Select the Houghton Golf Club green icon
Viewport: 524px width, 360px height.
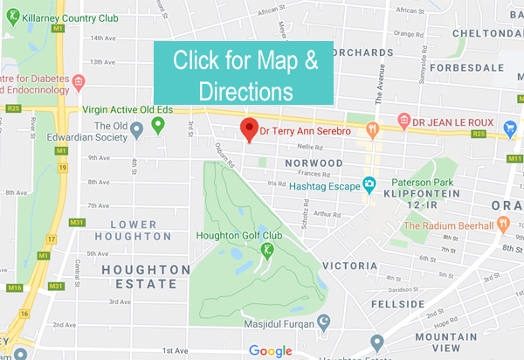click(x=267, y=251)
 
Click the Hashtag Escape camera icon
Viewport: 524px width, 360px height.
click(x=370, y=183)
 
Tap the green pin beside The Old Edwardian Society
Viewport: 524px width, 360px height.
click(x=158, y=127)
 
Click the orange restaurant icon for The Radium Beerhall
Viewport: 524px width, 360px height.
click(x=504, y=225)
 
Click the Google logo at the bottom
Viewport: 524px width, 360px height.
click(x=270, y=351)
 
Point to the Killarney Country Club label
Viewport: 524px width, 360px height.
click(x=65, y=17)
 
